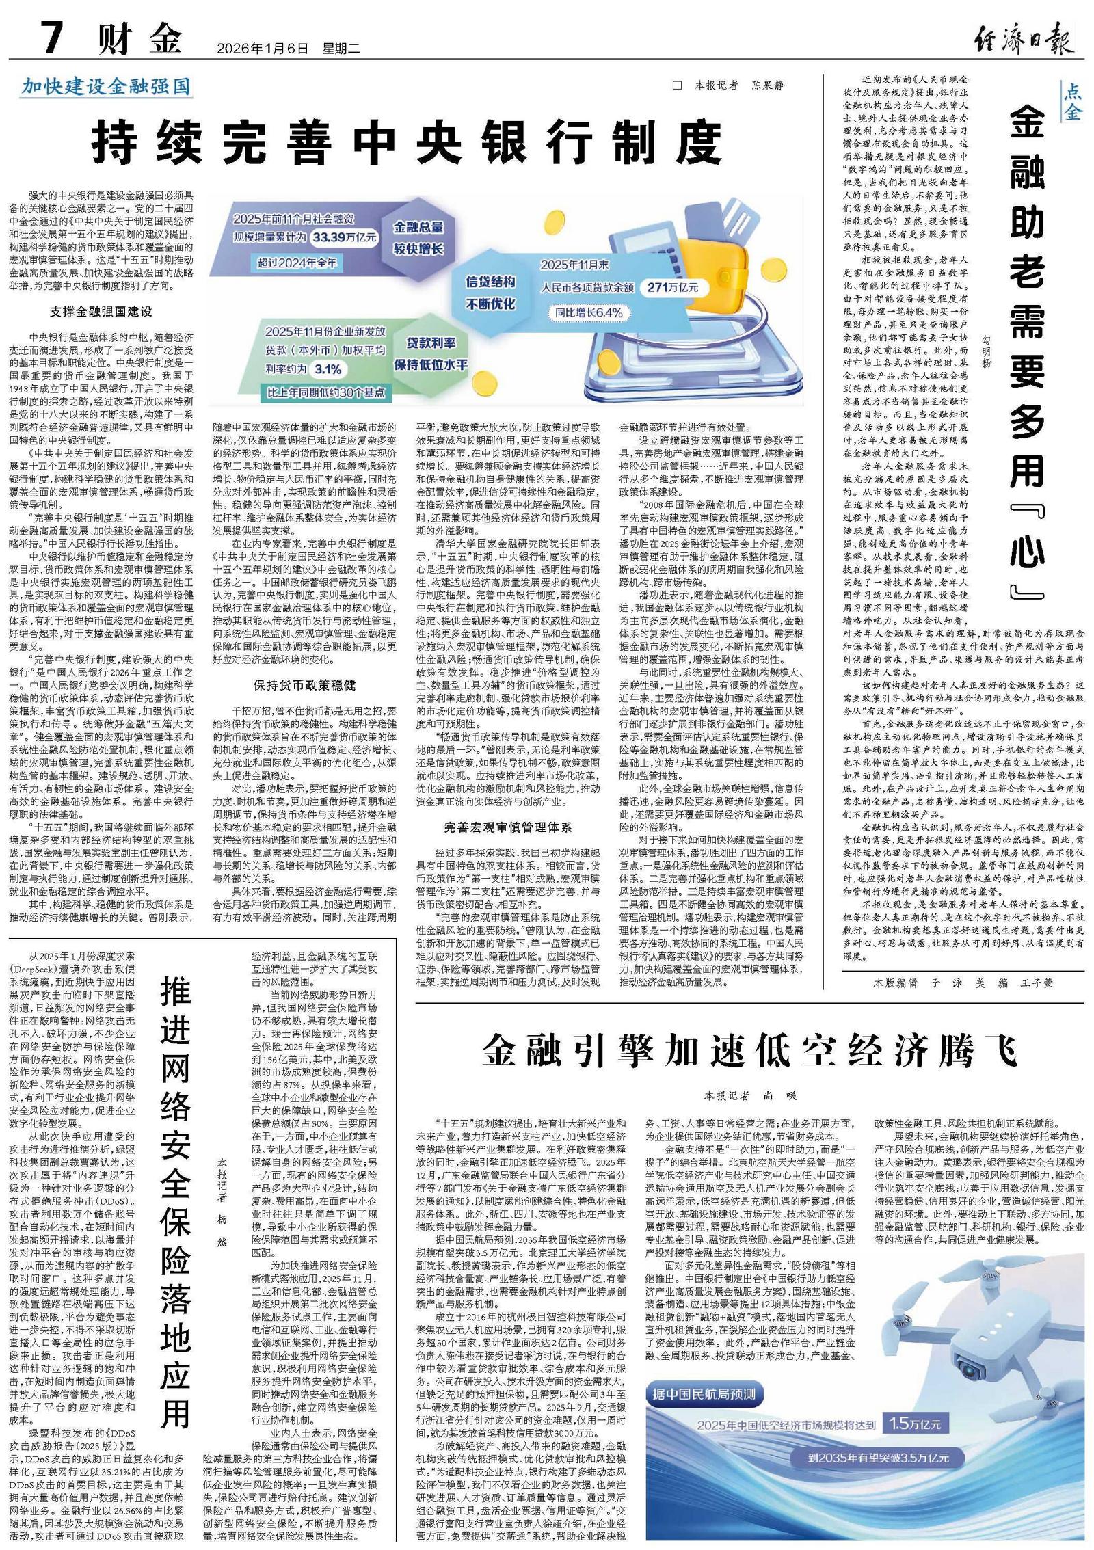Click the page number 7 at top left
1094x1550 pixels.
[53, 37]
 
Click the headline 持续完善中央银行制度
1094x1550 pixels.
[408, 142]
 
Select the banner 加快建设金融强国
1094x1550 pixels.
[106, 87]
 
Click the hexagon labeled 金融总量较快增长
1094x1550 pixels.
[418, 237]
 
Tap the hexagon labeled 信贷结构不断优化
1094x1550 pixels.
[490, 292]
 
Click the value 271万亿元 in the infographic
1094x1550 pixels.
[673, 287]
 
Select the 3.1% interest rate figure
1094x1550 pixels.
[328, 369]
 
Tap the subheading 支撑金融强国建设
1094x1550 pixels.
[101, 312]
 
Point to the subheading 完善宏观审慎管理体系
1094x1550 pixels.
[507, 827]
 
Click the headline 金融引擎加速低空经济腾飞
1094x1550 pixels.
[749, 1051]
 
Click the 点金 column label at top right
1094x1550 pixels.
[1072, 102]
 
